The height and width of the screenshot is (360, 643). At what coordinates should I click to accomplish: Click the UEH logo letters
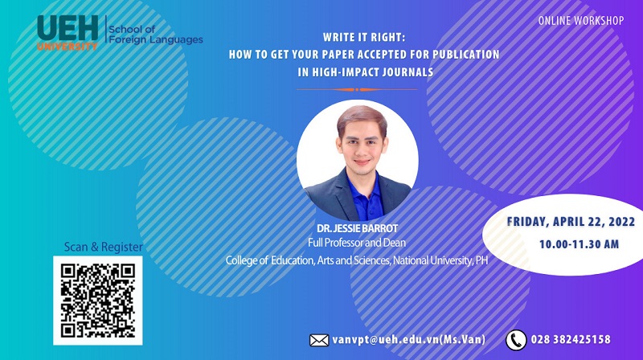pos(68,28)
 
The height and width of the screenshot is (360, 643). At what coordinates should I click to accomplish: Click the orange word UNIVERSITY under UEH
pos(68,47)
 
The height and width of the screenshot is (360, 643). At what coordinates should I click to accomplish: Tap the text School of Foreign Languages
pos(155,35)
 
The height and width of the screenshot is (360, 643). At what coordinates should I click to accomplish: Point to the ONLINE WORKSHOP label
pos(580,21)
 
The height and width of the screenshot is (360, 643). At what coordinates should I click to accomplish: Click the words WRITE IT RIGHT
pos(363,37)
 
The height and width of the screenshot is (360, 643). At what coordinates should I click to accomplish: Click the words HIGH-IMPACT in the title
pos(346,72)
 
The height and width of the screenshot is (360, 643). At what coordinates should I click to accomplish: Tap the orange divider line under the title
pos(357,89)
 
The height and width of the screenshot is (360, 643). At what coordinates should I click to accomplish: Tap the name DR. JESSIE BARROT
pos(357,228)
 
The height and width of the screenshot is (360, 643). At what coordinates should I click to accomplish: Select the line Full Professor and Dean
pos(357,243)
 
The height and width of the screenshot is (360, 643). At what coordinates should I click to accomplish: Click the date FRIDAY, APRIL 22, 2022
pos(571,222)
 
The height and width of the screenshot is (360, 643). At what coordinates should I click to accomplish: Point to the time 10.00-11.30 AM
pos(579,244)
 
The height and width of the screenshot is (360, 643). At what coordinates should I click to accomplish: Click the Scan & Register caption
pos(104,247)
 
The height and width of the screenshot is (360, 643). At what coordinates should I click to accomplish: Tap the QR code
pos(98,301)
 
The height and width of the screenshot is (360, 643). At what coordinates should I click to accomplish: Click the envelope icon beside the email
pos(319,341)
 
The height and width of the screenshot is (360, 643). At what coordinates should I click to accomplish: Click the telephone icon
pos(516,340)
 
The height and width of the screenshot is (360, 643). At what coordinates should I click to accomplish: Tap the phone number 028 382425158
pos(571,339)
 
